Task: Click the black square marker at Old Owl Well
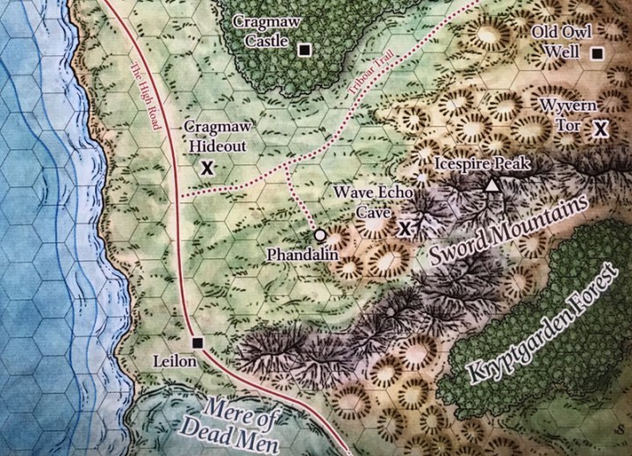(x=598, y=54)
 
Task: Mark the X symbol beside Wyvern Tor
(x=600, y=129)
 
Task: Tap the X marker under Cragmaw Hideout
(x=208, y=166)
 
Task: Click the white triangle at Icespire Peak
(x=492, y=185)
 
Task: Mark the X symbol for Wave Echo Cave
(x=406, y=228)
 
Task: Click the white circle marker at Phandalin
(x=320, y=235)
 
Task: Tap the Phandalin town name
(x=300, y=253)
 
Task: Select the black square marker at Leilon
(x=197, y=343)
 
